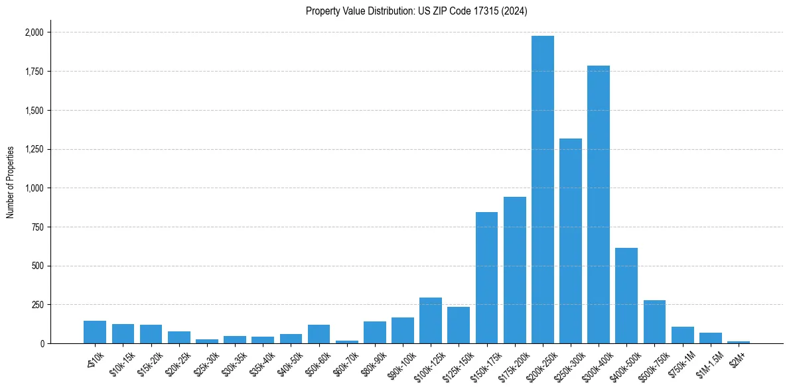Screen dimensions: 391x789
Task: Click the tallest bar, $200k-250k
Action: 542,190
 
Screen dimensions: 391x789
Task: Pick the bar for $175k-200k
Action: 514,270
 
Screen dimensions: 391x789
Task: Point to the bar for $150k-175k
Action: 486,278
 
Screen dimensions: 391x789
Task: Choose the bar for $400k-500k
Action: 626,296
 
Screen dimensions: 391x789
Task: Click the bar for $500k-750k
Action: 654,322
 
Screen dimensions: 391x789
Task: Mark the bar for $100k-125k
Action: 431,321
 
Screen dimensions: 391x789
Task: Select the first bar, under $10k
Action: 95,332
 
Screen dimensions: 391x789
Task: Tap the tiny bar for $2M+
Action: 738,342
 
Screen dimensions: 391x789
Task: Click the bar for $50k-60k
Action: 319,334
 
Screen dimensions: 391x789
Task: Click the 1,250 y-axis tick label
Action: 33,149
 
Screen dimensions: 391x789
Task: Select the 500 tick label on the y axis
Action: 37,266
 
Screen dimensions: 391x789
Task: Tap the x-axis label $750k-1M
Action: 681,361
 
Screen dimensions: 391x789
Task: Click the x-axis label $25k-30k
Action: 206,362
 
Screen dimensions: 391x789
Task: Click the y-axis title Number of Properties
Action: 10,182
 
